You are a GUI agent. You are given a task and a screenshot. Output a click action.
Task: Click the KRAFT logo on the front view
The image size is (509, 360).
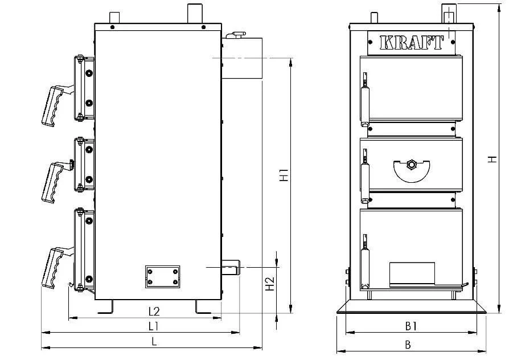411,43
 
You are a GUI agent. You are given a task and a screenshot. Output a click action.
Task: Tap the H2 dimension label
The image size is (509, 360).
270,284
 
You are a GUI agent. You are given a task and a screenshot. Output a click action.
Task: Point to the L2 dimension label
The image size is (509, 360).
154,312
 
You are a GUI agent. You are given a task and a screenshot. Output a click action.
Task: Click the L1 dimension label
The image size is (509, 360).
153,326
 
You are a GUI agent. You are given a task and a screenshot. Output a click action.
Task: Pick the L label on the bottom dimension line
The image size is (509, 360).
154,341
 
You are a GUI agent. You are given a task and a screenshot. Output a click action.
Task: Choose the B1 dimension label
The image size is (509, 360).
411,326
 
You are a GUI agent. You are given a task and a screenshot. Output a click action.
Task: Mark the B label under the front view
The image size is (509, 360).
408,345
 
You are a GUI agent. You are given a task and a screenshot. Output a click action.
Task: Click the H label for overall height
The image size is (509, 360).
493,159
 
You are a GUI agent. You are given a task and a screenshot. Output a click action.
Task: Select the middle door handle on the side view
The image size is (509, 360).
54,182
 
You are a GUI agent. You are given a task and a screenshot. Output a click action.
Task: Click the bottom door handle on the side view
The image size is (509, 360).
54,267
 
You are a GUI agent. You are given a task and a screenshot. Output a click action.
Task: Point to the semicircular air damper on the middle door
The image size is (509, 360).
411,170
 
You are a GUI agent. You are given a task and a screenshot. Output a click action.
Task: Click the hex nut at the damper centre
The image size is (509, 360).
411,165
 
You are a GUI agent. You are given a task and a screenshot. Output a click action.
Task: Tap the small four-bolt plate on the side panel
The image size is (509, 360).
162,276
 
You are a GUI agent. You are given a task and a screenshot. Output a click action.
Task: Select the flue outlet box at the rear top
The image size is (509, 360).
242,58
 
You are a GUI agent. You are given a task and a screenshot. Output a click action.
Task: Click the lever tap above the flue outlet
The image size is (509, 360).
236,34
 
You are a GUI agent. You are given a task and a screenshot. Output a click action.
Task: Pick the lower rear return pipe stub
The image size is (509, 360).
231,267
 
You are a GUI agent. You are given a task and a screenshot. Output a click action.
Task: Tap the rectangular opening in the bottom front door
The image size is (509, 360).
412,274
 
